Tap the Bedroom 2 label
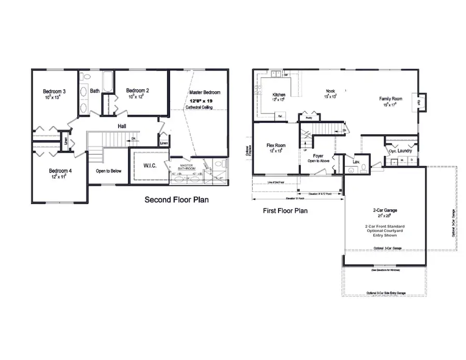tap(138, 90)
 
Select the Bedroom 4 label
tap(60, 170)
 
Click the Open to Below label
tap(108, 170)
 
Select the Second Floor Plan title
tap(177, 199)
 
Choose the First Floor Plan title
tap(285, 211)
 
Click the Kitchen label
tap(279, 95)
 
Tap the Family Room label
tap(391, 98)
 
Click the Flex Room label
tap(276, 146)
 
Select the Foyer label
tap(318, 155)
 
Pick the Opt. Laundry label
tap(400, 151)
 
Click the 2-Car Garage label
tap(385, 210)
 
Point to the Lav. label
tap(356, 162)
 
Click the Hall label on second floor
tap(122, 125)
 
